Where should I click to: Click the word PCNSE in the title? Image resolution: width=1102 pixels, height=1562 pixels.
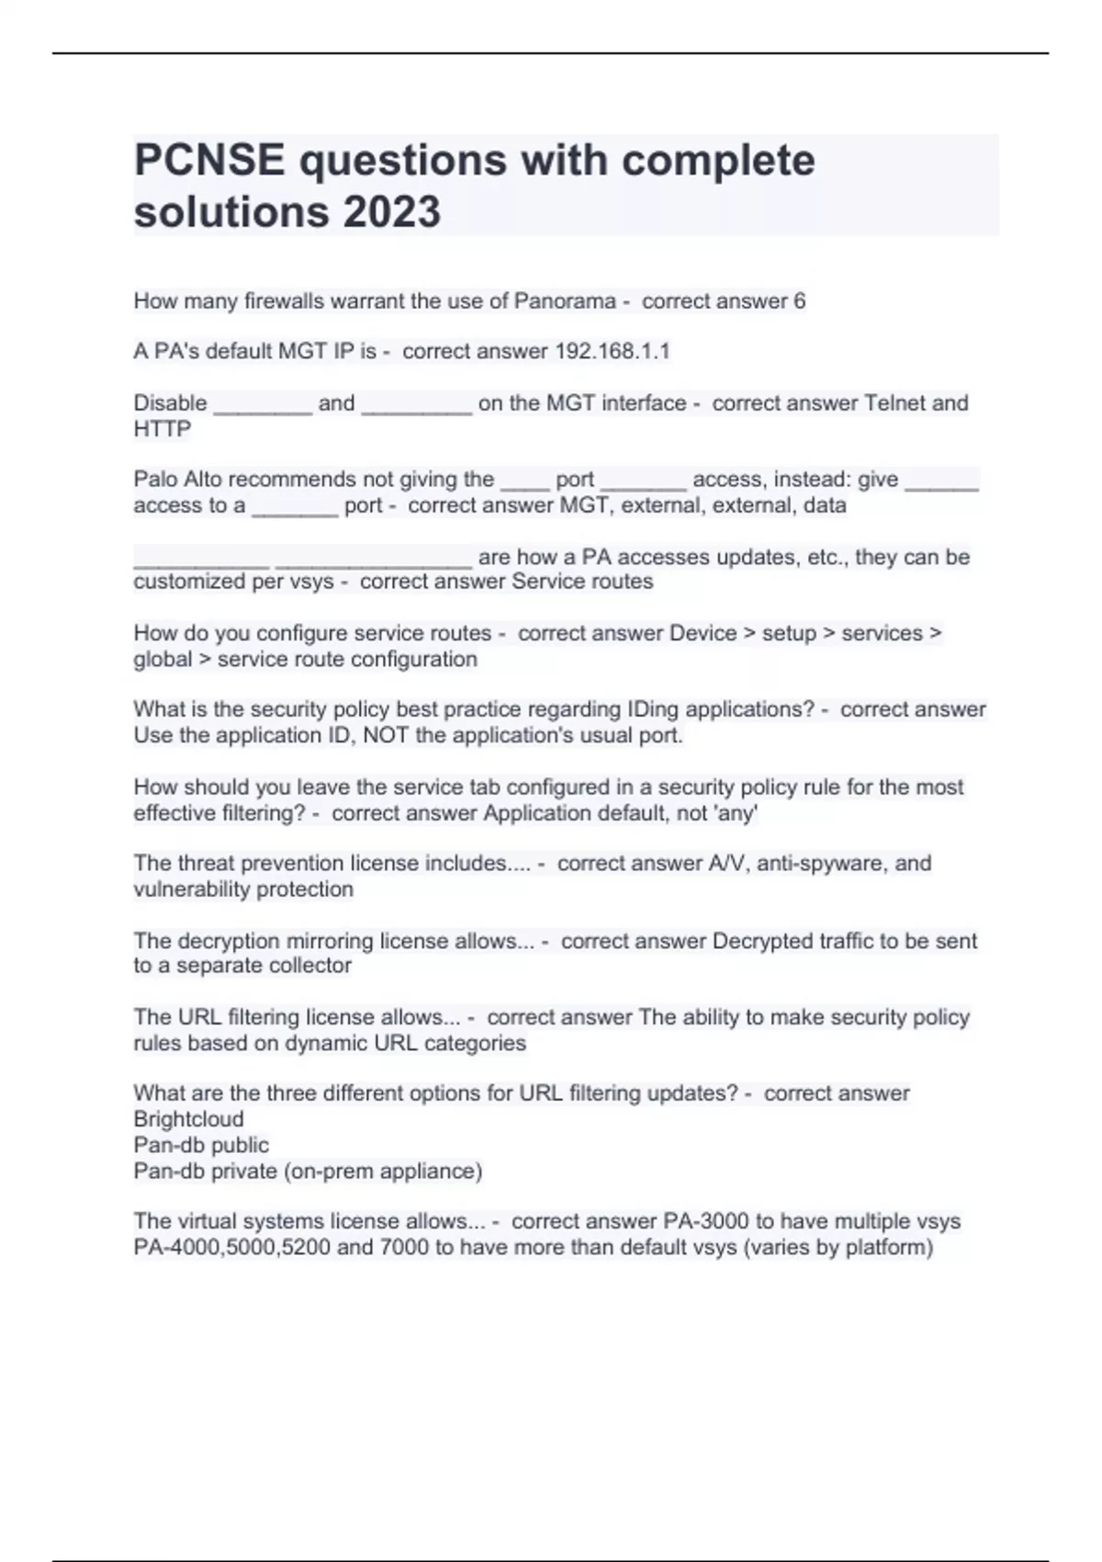click(x=209, y=161)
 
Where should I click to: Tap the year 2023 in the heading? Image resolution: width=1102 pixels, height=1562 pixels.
click(x=392, y=212)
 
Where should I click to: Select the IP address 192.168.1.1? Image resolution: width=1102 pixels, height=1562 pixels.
click(x=613, y=351)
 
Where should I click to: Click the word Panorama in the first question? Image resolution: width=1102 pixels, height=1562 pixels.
click(x=565, y=301)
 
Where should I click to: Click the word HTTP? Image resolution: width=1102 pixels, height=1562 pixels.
click(x=163, y=429)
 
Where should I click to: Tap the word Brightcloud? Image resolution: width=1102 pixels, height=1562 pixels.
click(x=189, y=1119)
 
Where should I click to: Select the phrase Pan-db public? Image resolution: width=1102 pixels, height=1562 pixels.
click(x=201, y=1145)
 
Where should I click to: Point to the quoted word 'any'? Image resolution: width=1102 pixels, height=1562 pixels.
click(x=736, y=813)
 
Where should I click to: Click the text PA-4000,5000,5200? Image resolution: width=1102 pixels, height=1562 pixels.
click(x=232, y=1247)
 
